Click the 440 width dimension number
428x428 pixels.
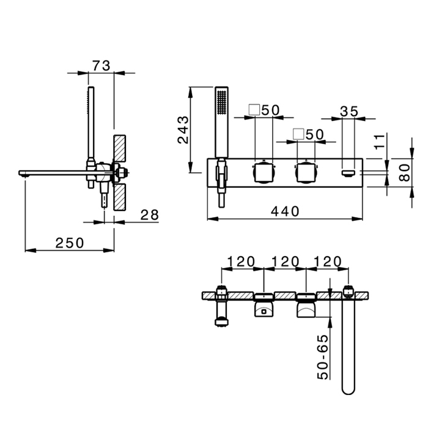click(285, 212)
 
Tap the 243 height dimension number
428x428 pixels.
click(183, 130)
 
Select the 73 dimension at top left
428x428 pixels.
click(101, 66)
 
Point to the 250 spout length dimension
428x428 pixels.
click(70, 243)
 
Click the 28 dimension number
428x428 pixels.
click(150, 215)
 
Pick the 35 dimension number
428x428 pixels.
click(349, 111)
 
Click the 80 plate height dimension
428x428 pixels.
click(405, 172)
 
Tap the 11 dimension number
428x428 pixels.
click(380, 141)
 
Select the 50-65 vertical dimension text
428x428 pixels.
click(323, 356)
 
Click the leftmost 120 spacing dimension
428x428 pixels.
click(241, 262)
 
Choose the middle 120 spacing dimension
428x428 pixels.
click(286, 262)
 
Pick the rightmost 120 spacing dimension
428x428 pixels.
click(328, 262)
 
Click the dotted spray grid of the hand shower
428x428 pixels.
click(221, 101)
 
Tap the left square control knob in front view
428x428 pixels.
click(264, 172)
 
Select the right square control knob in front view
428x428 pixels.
click(306, 172)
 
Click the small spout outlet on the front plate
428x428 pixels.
click(349, 173)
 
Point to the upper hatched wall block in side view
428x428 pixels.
click(120, 148)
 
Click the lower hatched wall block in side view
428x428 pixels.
click(120, 197)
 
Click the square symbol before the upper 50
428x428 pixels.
click(254, 109)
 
